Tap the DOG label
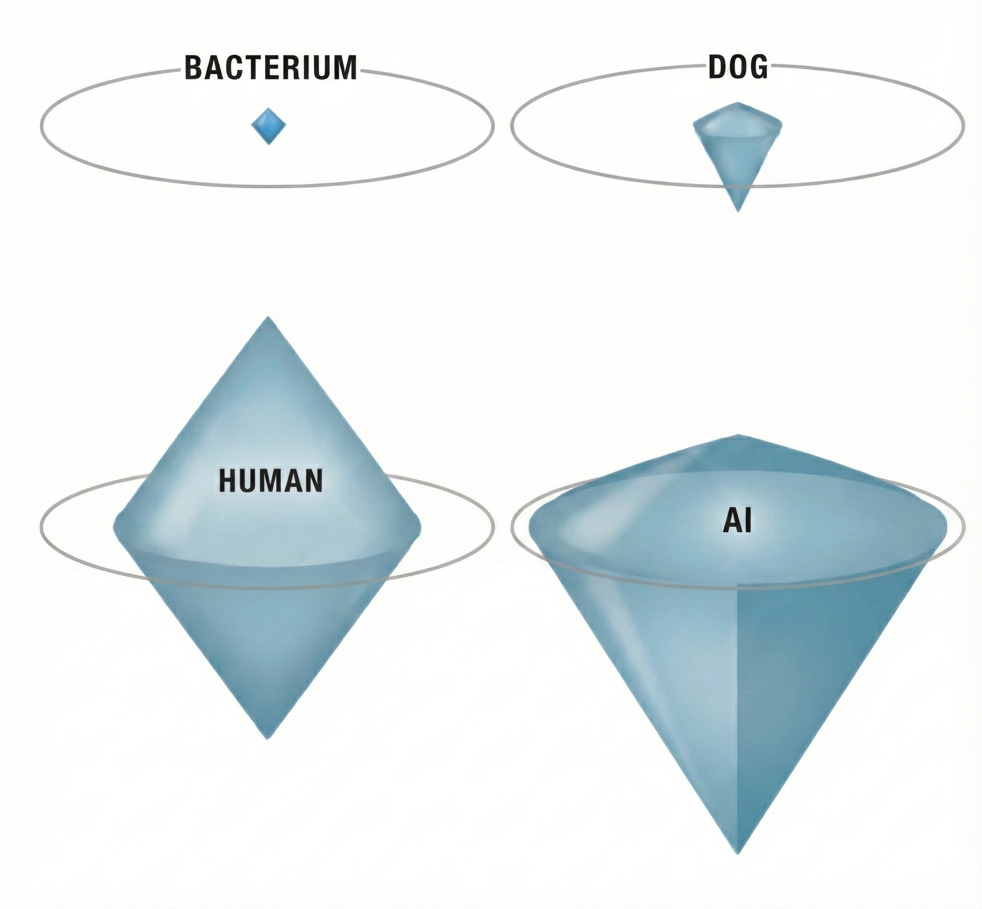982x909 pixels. [737, 68]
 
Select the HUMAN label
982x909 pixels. [270, 481]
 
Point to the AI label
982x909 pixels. [737, 522]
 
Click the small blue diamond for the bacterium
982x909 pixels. [268, 126]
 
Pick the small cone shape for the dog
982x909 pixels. [737, 148]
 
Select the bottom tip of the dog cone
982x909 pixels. [737, 210]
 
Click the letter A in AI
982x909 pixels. [732, 522]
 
